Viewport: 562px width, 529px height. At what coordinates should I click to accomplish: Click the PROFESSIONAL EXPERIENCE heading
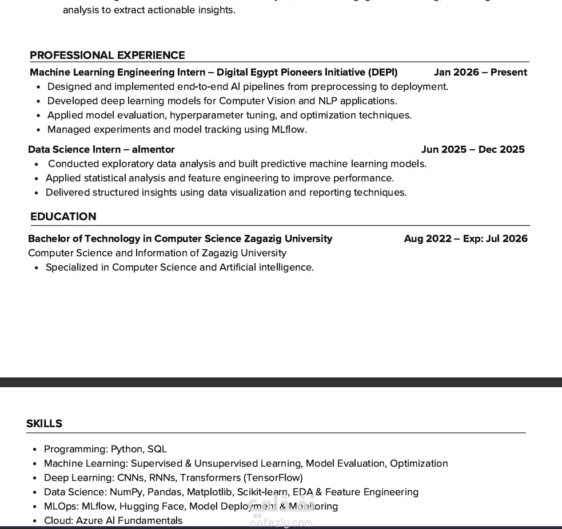tap(107, 55)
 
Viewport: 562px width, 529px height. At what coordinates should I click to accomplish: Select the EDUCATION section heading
tap(63, 217)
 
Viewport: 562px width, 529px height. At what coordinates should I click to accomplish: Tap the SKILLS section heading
tap(44, 424)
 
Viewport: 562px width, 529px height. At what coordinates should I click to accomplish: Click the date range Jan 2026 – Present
tap(480, 73)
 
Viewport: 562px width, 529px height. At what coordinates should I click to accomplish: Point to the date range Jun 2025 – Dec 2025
tap(473, 150)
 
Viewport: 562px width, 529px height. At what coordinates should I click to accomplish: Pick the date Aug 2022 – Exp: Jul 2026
tap(465, 239)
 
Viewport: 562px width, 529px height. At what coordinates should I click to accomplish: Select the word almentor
tap(153, 150)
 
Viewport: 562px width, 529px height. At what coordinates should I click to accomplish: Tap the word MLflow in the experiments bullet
tap(288, 130)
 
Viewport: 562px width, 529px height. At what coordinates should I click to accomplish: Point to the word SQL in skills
tap(157, 450)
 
